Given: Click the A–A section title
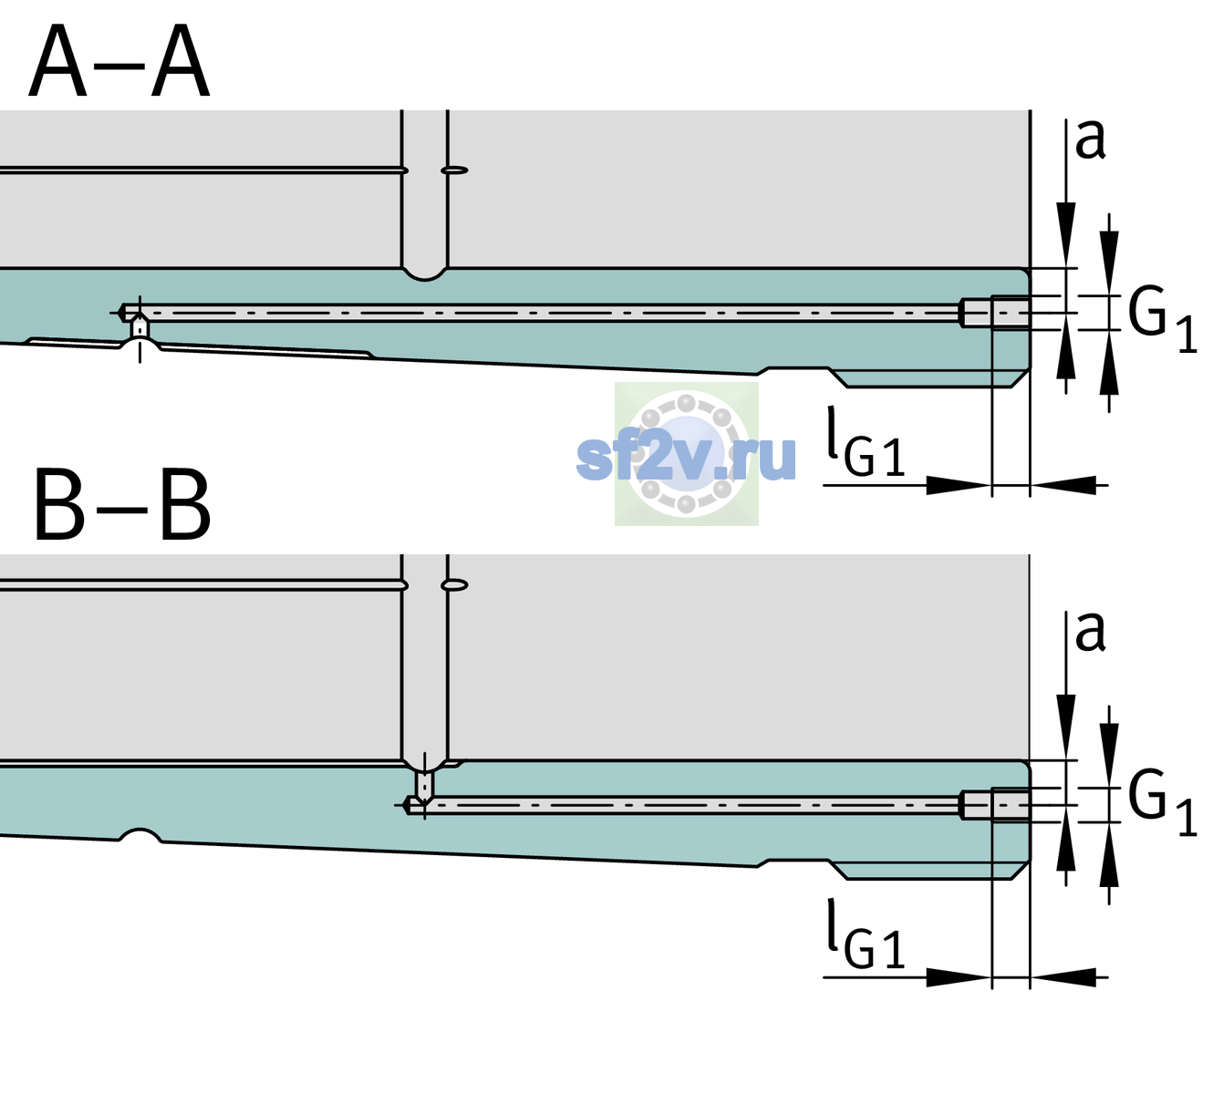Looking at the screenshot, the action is click(119, 61).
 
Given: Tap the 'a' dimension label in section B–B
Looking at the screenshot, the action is click(1090, 632).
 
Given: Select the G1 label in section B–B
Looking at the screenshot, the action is click(1162, 803).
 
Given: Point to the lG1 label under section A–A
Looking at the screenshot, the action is click(866, 442).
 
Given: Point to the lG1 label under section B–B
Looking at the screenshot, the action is click(866, 934).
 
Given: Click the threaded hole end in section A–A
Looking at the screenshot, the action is click(996, 313).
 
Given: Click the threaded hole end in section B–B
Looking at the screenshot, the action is click(996, 805).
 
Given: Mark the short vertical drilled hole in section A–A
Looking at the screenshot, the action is click(140, 327).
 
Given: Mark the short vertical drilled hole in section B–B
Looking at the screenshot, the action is click(425, 785).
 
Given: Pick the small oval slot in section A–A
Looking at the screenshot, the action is click(454, 170).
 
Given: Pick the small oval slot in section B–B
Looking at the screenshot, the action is click(454, 585).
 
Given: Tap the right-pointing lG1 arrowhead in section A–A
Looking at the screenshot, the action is click(959, 485).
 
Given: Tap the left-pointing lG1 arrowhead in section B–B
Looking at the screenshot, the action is click(1063, 977).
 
